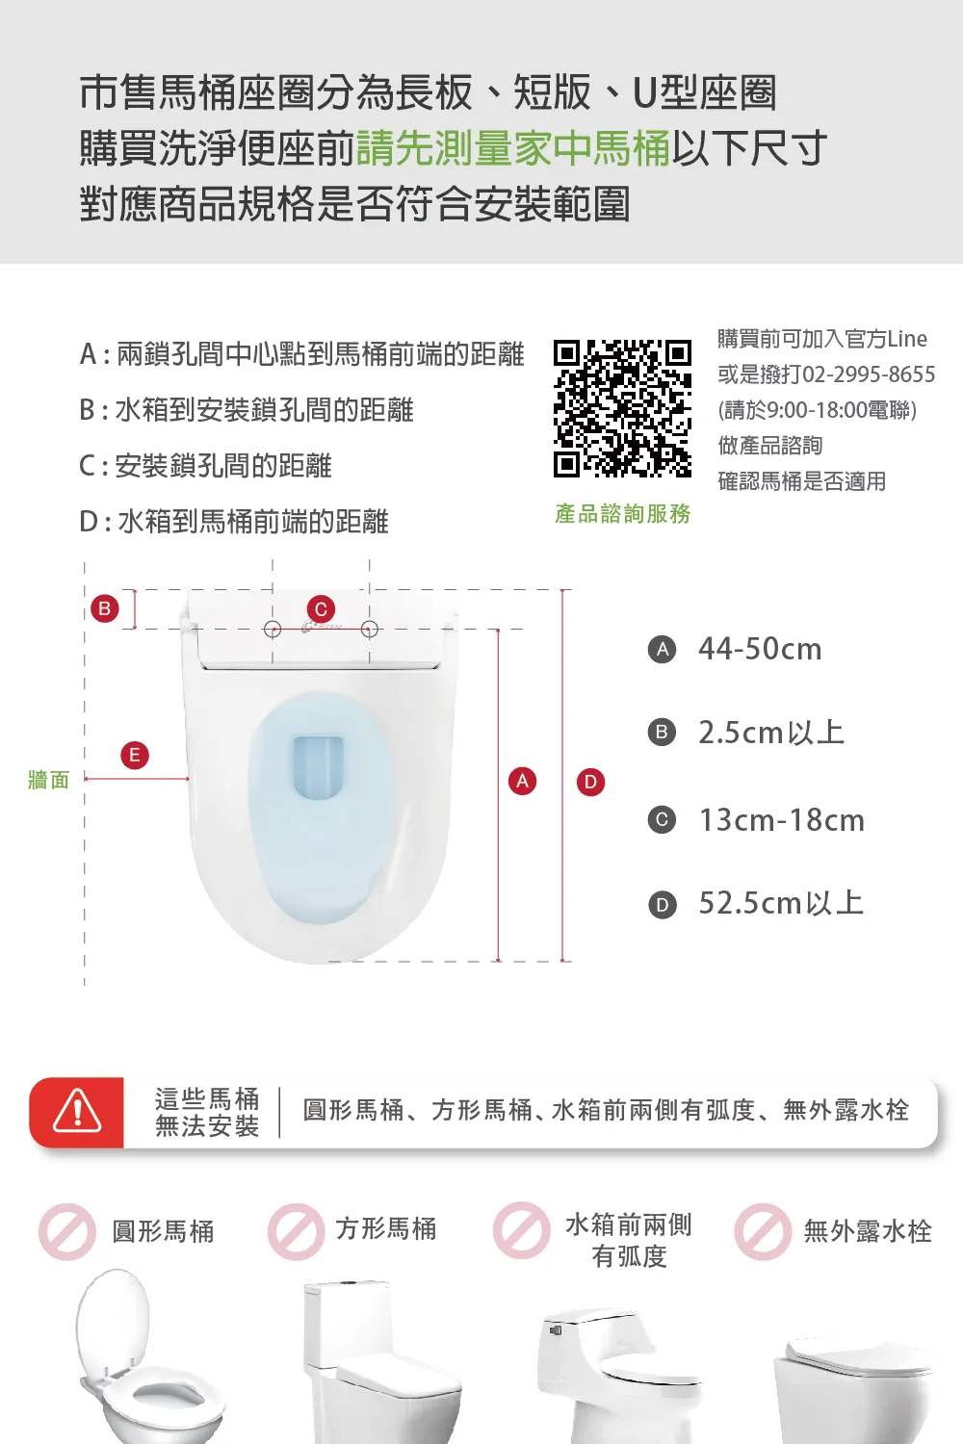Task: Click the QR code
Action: pos(622,409)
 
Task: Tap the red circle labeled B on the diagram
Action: pos(105,608)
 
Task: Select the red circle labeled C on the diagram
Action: pos(321,609)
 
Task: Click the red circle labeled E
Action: pos(135,755)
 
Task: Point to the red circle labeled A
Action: pos(523,782)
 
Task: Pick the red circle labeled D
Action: pos(591,782)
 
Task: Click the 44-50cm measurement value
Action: pos(760,649)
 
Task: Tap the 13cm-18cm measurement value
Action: pos(782,820)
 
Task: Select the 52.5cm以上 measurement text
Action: pos(781,903)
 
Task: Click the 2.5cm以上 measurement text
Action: pos(771,733)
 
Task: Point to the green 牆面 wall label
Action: pos(48,780)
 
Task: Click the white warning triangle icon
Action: pos(77,1111)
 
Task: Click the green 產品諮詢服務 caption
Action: pos(622,514)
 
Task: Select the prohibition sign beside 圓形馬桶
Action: pos(67,1231)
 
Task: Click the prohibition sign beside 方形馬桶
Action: pos(296,1231)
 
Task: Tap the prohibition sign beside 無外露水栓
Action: pos(763,1231)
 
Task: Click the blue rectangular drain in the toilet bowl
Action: pos(318,768)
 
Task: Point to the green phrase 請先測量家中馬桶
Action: pos(513,147)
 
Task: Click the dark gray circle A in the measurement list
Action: pos(662,649)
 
